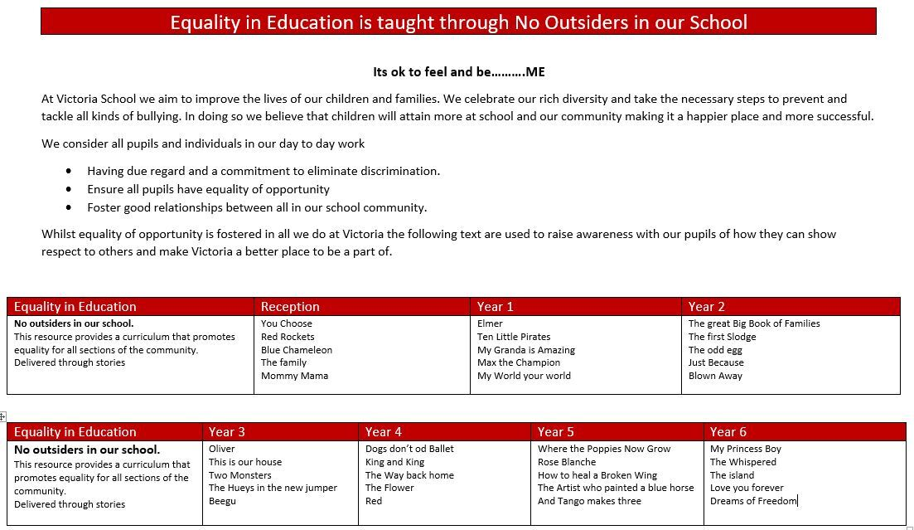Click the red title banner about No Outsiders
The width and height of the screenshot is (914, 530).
[x=458, y=22]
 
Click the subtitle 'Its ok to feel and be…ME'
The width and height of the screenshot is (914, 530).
[x=458, y=72]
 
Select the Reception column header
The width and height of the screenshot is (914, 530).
[x=289, y=307]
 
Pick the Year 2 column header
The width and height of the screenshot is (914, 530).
[x=706, y=307]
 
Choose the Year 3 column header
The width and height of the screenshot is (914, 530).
[x=226, y=432]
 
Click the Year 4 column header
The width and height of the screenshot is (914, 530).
[x=383, y=432]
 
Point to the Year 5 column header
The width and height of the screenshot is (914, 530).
[x=555, y=432]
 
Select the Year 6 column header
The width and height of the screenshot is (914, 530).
[x=728, y=432]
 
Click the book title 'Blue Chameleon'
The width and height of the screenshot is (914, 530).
[x=296, y=350]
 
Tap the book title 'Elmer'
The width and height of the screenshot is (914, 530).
[x=490, y=323]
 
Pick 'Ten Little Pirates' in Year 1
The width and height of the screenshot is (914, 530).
[x=514, y=337]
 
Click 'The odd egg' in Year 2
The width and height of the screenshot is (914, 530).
[x=715, y=350]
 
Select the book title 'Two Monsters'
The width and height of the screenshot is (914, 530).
[x=239, y=475]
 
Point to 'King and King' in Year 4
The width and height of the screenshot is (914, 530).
[x=394, y=462]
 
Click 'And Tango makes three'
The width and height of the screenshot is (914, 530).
[x=589, y=501]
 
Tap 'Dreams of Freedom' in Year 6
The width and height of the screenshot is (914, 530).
[x=753, y=501]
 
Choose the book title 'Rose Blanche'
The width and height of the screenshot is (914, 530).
[x=567, y=462]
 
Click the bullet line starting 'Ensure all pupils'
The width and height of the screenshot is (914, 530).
[x=208, y=189]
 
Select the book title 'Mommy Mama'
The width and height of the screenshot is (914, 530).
[x=294, y=376]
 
